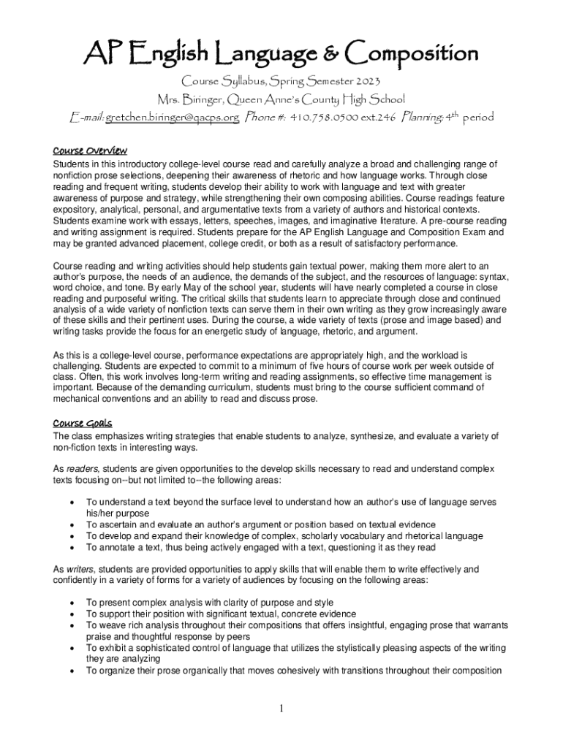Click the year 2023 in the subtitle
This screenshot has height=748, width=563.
(x=364, y=80)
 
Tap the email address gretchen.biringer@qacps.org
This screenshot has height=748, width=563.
(x=172, y=117)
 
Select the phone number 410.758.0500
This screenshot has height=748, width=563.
(x=320, y=117)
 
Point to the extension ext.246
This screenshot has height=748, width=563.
(x=374, y=117)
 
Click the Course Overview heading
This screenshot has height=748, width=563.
(x=90, y=150)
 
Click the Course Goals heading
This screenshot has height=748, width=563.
(x=82, y=423)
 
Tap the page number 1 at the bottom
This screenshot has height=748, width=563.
(x=281, y=708)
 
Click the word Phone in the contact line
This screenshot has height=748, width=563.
(x=262, y=117)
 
